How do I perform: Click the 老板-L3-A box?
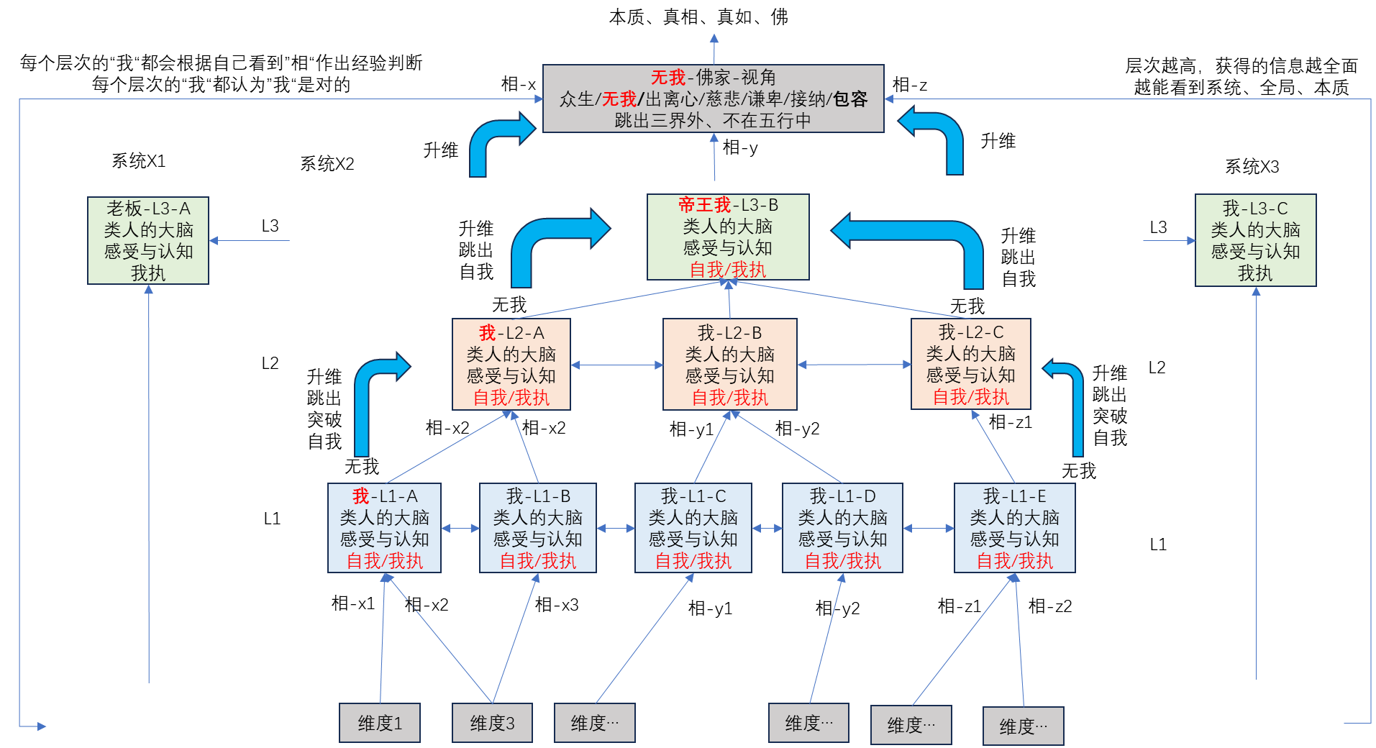[148, 240]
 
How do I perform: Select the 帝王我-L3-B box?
[728, 237]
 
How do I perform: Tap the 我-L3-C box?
[1255, 240]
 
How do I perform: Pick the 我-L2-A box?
[511, 365]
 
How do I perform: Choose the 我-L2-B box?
[729, 365]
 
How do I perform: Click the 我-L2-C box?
[970, 364]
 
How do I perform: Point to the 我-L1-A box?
[384, 528]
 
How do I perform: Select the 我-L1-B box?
[537, 528]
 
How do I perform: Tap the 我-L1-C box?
[693, 528]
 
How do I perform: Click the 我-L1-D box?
[842, 528]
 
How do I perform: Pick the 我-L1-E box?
[1014, 528]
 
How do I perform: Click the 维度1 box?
[380, 723]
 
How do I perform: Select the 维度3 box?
[492, 723]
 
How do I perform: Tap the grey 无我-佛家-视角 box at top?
[713, 99]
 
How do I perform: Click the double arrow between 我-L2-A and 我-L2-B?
[616, 365]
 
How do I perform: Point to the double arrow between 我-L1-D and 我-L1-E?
[928, 529]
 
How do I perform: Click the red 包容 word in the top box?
[850, 99]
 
